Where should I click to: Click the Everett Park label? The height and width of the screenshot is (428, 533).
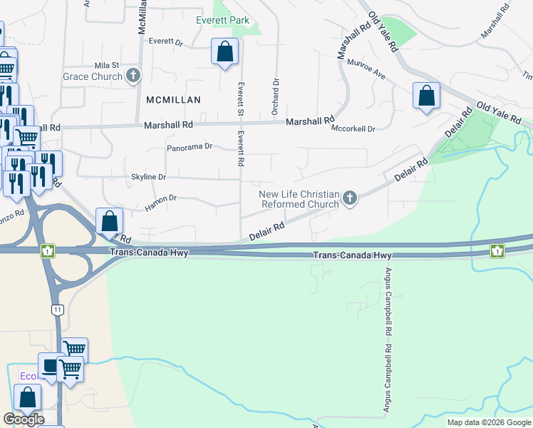point(223,20)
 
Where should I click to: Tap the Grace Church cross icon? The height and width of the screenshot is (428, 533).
point(133,76)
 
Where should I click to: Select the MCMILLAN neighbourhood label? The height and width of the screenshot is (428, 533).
point(174,100)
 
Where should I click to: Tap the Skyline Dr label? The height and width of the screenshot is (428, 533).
point(148,177)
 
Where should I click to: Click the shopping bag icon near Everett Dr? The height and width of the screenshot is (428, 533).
point(225,52)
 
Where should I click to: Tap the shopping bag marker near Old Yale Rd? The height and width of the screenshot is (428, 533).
point(426,96)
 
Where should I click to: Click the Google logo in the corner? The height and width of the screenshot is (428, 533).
point(24,419)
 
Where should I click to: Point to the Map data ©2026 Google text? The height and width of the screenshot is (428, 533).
point(489,422)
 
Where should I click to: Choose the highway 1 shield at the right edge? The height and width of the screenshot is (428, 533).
point(497,250)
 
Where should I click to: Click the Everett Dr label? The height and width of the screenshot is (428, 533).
point(166,41)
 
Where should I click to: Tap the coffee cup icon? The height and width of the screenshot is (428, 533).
point(49,366)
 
